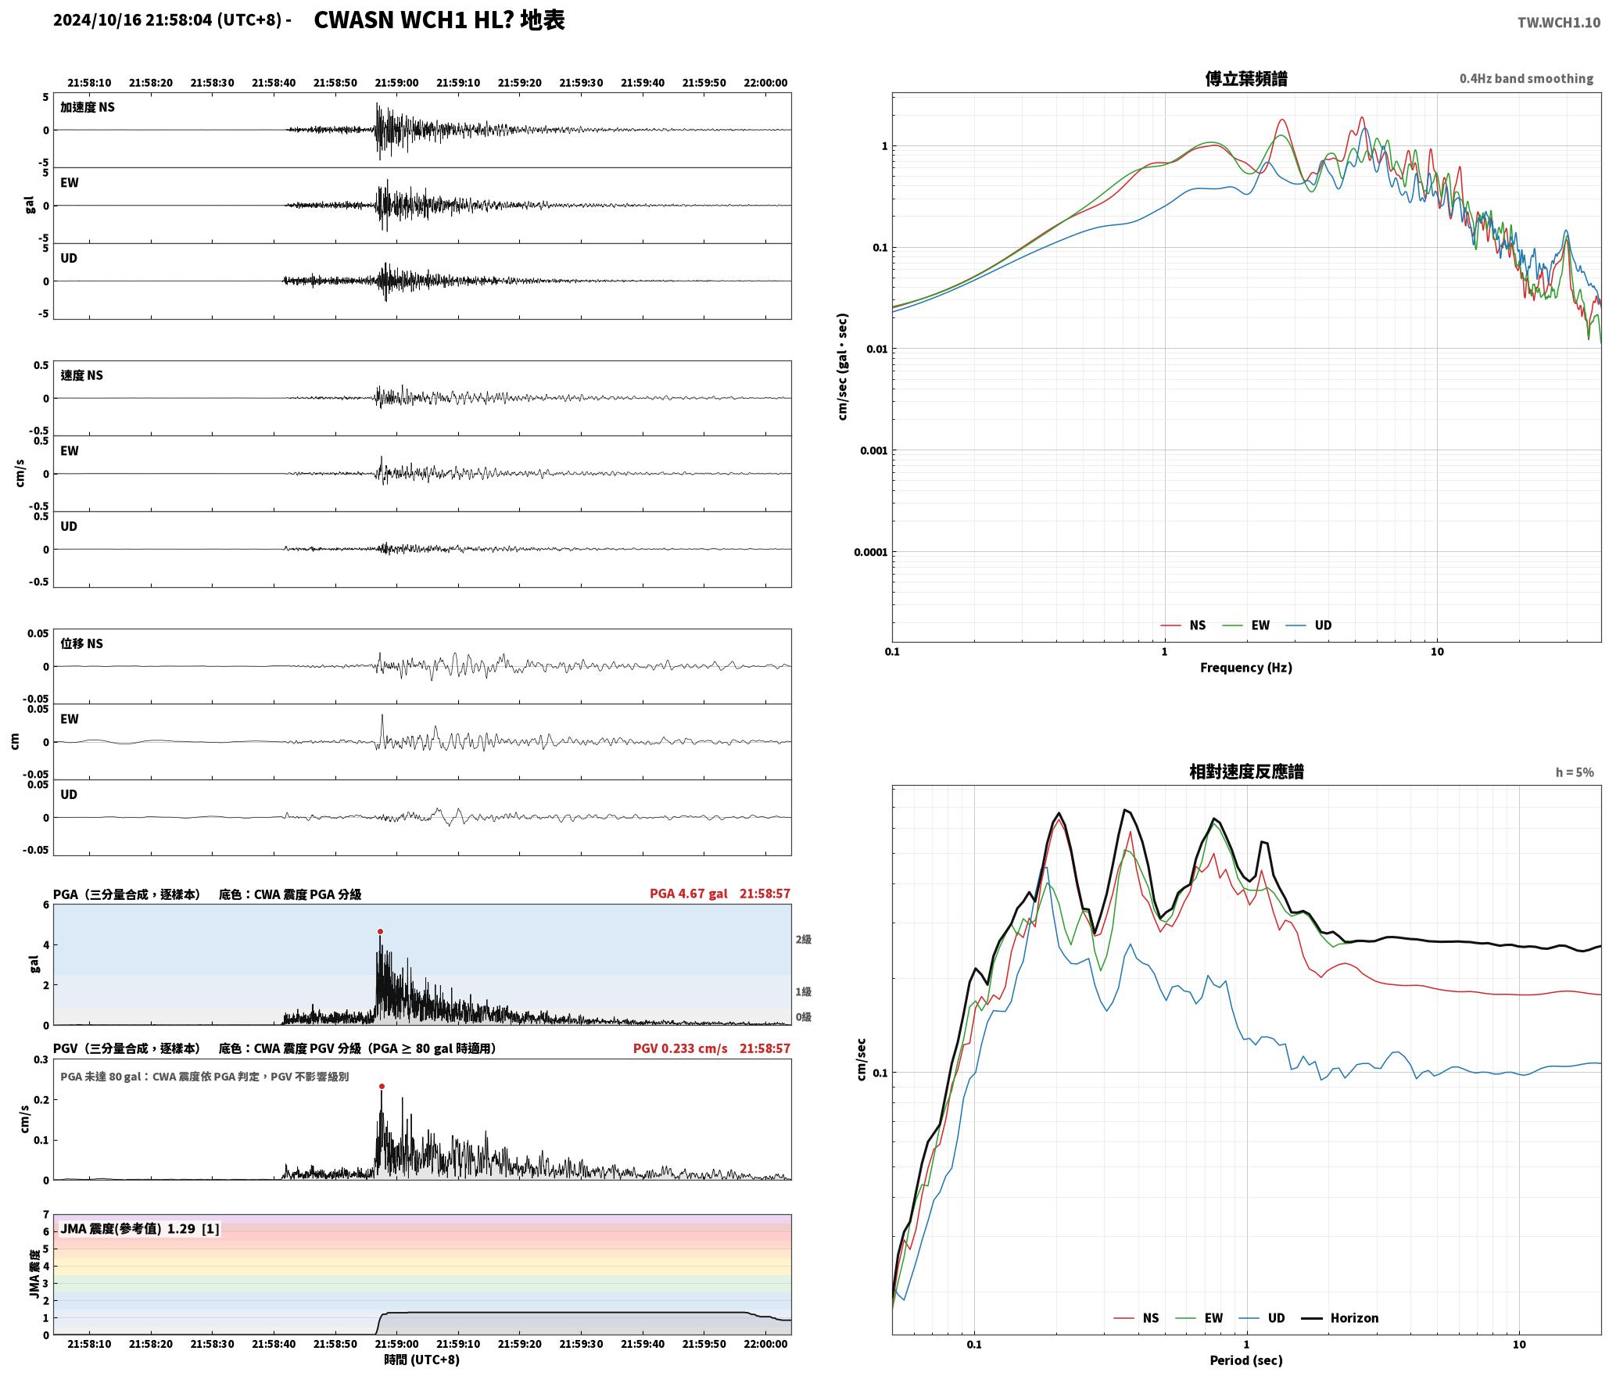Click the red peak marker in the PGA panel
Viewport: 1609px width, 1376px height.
point(380,932)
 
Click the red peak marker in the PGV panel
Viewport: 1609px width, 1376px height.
point(382,1086)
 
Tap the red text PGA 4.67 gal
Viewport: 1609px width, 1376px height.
point(688,894)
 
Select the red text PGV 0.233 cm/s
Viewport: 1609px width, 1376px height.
point(680,1048)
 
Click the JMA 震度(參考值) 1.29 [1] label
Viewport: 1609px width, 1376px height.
point(140,1229)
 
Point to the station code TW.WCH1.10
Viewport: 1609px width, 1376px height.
point(1559,23)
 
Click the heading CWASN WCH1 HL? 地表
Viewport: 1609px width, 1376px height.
point(439,20)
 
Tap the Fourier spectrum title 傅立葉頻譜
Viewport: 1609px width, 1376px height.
point(1246,78)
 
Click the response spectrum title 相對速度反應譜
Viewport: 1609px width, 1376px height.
point(1246,772)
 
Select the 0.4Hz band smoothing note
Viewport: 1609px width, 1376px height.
point(1526,79)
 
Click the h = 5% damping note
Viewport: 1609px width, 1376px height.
point(1574,772)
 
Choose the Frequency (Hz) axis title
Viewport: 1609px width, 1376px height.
point(1246,668)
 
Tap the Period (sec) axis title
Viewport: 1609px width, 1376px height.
point(1246,1360)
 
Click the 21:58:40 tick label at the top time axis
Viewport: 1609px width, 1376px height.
point(274,83)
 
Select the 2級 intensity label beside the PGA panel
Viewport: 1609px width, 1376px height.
point(804,940)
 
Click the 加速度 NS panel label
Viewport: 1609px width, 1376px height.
point(88,107)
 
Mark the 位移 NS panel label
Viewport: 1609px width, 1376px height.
point(81,643)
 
